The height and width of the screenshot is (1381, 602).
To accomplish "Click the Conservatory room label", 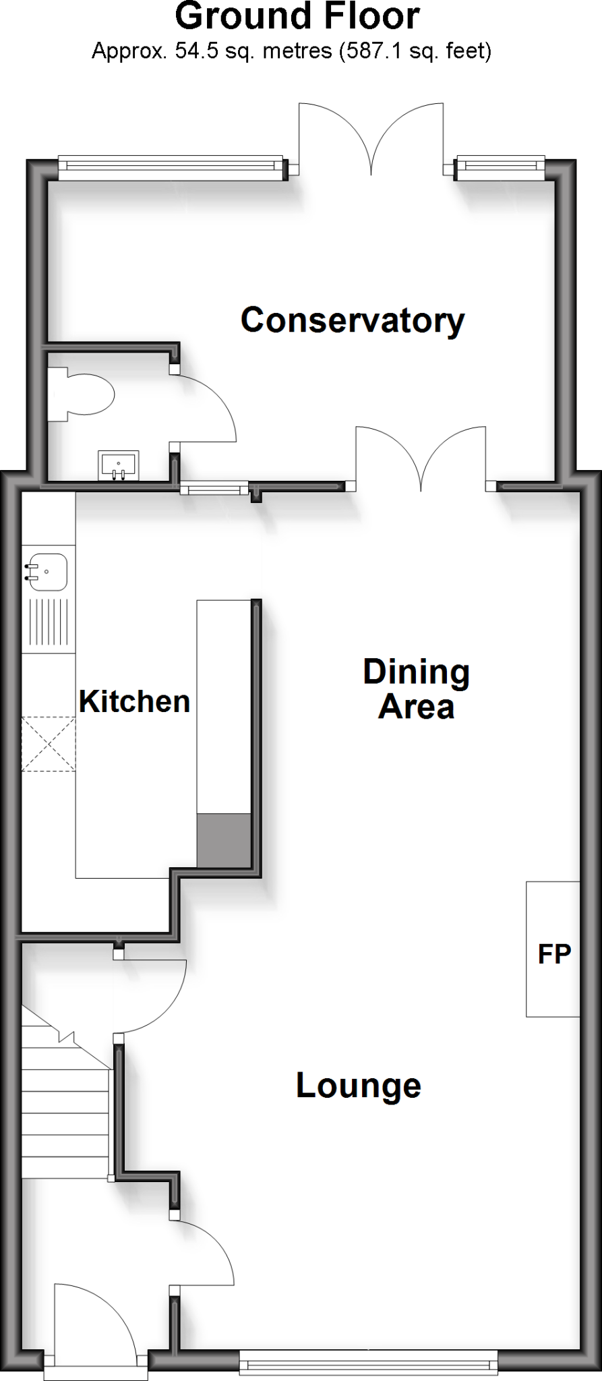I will pos(353,320).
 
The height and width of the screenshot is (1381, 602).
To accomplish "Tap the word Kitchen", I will pos(134,701).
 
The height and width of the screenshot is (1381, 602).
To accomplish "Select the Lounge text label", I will pos(359,1086).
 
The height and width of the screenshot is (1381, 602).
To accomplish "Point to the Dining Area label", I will pos(416,689).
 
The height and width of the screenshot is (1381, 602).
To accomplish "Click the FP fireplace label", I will pos(554,953).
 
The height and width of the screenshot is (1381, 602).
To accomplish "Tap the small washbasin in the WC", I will pos(119,465).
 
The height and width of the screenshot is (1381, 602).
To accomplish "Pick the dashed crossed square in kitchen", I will pos(49,744).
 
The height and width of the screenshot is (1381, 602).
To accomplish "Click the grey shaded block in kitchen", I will pos(224,840).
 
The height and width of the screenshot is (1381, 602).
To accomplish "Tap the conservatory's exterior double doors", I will pos(371,138).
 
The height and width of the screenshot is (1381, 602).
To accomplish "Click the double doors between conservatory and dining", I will pos(421,459).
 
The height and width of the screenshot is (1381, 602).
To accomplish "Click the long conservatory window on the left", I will pos(170,167).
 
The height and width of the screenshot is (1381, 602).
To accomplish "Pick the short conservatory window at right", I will pos(500,167).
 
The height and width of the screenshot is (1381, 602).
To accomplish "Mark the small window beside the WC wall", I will pos(214,488).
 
